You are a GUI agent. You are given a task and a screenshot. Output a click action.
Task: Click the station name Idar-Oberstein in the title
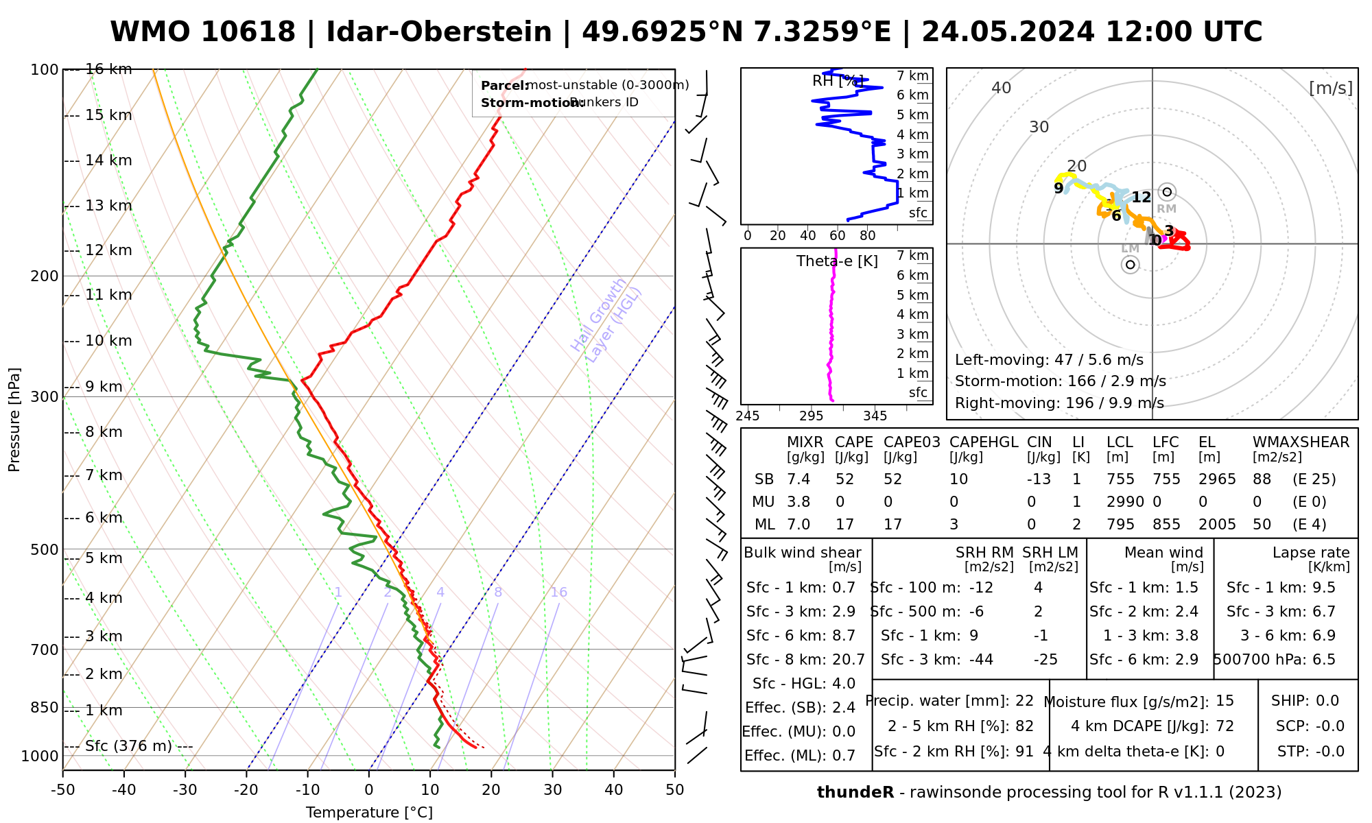coord(438,32)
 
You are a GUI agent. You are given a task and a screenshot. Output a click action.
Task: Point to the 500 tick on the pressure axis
coord(44,549)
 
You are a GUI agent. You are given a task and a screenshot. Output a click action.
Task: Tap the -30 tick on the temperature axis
coord(185,790)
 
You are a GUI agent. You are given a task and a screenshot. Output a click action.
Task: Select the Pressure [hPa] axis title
coord(14,420)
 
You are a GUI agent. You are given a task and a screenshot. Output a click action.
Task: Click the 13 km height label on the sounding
coord(108,206)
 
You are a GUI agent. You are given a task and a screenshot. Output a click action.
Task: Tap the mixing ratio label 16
coord(558,593)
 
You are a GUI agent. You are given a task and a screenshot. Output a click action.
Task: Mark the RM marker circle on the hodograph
coord(1167,192)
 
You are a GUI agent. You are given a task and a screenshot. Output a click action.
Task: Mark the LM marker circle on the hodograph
coord(1130,265)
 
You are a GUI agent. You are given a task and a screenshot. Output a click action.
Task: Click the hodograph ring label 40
coord(1002,88)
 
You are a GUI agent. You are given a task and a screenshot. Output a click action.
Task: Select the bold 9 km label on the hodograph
coord(1058,188)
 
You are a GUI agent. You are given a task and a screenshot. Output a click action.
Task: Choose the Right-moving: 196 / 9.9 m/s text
coord(1059,403)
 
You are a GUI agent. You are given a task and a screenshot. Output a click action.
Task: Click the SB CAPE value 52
coord(845,479)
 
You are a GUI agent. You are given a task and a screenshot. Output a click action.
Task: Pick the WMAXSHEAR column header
coord(1301,442)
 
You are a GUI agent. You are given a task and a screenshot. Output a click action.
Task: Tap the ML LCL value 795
coord(1120,525)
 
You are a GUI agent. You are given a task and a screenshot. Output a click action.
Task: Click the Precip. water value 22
coord(1024,701)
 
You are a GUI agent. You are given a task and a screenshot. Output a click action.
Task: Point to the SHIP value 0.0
coord(1327,701)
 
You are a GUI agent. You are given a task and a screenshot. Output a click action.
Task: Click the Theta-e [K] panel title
coord(837,261)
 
